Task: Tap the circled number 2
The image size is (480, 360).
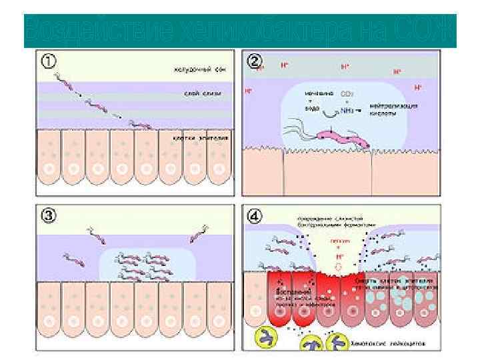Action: coord(254,61)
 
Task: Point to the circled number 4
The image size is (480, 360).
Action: coord(254,216)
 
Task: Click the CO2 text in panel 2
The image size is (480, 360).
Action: coord(347,95)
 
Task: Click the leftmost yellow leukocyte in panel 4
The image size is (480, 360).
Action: coord(259,339)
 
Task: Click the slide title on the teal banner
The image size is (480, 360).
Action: coord(239,31)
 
